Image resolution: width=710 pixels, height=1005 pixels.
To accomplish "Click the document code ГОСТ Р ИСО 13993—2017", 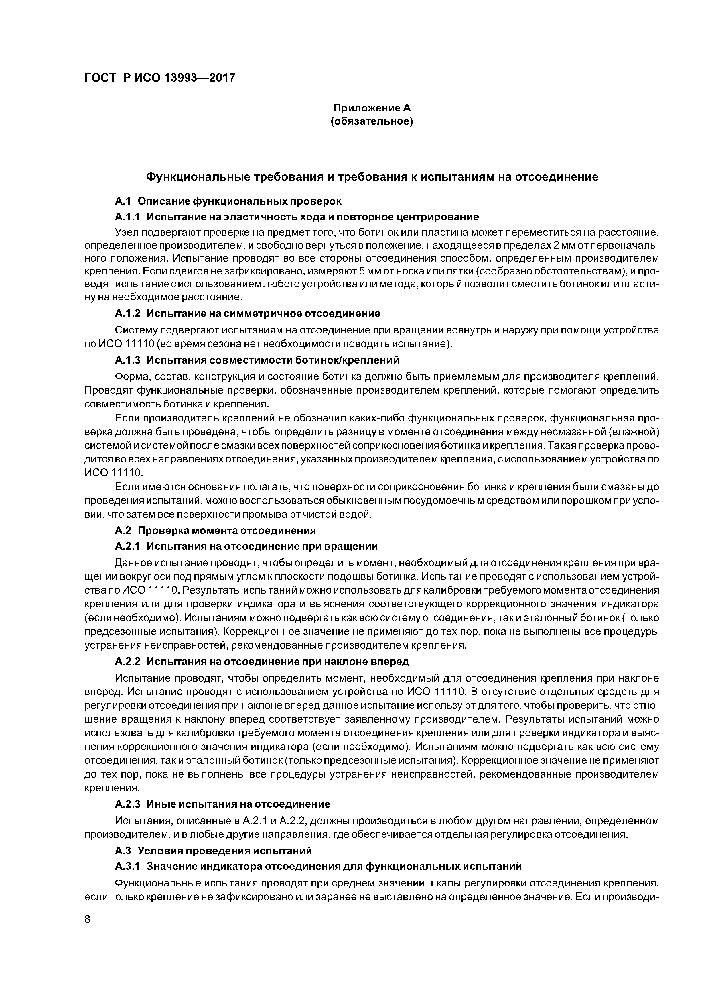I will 160,78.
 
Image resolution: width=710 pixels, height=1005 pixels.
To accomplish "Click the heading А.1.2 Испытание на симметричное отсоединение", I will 247,313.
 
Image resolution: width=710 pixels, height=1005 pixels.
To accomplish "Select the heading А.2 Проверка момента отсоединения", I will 215,531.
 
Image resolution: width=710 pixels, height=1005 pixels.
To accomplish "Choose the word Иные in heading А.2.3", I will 161,804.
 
